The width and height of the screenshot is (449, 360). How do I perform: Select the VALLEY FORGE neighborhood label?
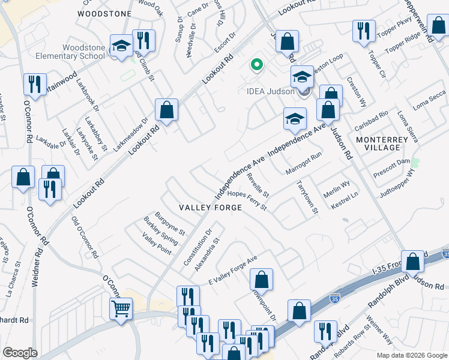(x=211, y=208)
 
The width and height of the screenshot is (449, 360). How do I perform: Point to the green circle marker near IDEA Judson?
(x=257, y=64)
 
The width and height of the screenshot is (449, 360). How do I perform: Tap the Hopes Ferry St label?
(x=247, y=200)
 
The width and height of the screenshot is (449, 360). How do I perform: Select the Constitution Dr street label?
(x=198, y=248)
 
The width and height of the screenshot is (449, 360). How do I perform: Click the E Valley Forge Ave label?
(x=232, y=267)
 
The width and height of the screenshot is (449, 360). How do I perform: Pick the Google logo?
(x=20, y=353)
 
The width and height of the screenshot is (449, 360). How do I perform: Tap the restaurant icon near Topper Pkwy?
(x=364, y=31)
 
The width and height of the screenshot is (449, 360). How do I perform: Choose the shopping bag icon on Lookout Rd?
(x=166, y=110)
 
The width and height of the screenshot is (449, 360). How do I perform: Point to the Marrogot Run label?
(x=303, y=163)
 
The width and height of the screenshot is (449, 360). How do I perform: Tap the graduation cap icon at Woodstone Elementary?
(x=121, y=46)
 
